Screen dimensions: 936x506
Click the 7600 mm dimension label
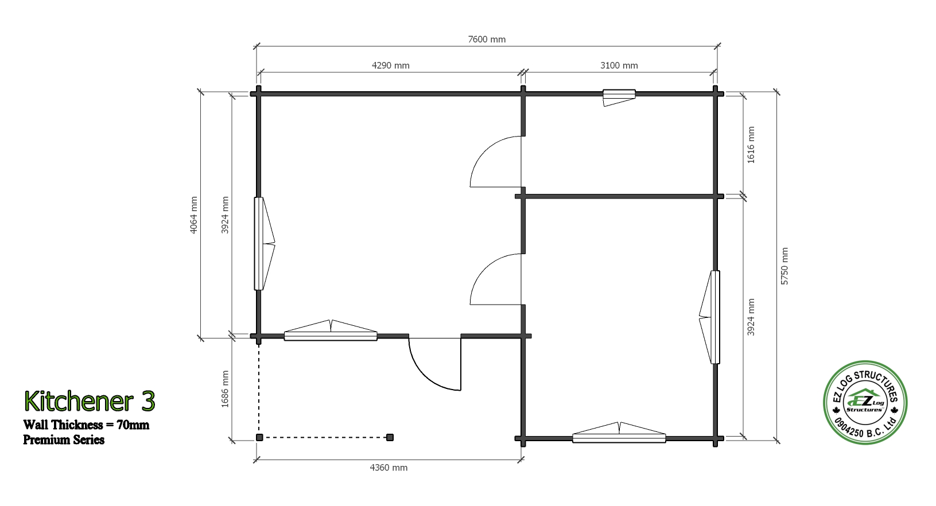[487, 39]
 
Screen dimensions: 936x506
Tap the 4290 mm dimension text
[390, 65]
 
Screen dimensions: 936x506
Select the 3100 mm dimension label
[619, 65]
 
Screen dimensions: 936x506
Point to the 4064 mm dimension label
[193, 215]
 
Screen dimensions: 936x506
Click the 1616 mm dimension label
[751, 145]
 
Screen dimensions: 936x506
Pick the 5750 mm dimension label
[784, 266]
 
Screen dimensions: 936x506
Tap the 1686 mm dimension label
[225, 388]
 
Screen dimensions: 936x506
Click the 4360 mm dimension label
[388, 468]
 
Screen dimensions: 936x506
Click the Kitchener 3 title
[90, 400]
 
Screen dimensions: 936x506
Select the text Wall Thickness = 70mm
[86, 425]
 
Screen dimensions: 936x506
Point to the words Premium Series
[64, 439]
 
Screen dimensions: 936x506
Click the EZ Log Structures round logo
[865, 402]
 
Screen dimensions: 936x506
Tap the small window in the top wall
[619, 97]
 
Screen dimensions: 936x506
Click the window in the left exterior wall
[264, 244]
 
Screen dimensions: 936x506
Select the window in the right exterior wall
[709, 317]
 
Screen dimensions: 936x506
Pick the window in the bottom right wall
[619, 433]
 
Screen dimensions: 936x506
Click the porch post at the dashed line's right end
[390, 438]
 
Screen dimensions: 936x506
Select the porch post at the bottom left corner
[259, 438]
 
